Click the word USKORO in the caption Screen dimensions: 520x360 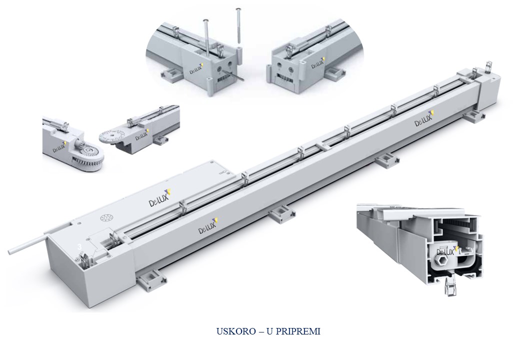[236, 331]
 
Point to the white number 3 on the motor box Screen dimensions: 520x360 [79, 247]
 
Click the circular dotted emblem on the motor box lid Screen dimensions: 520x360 [106, 218]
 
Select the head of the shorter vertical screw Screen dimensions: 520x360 [205, 20]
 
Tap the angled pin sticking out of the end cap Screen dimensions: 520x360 [233, 75]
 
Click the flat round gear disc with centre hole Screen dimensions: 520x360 [111, 136]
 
